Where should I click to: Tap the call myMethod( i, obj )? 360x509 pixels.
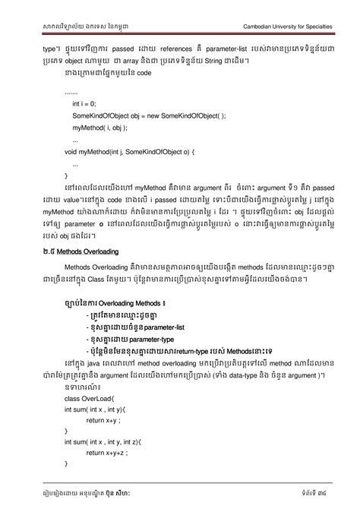(x=103, y=128)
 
